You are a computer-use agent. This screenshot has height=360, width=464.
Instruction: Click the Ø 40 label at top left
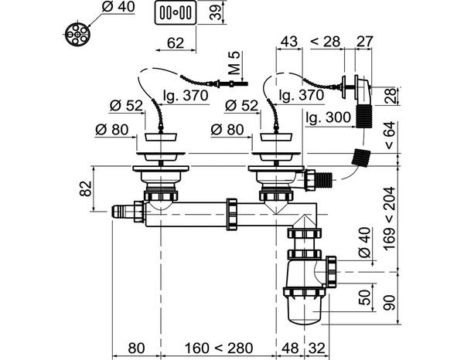point(118,7)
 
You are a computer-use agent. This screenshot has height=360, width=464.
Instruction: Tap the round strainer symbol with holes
point(77,34)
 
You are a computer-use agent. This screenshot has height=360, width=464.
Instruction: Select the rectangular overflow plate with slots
point(176,12)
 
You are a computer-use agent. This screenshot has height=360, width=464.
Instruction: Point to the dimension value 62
point(176,43)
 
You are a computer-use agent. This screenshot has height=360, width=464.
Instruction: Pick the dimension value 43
point(288,41)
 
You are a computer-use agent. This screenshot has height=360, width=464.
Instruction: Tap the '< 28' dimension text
point(326,42)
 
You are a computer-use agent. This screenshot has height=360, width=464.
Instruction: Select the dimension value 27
point(365,41)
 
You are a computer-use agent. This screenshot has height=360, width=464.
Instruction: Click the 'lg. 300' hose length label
point(328,117)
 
